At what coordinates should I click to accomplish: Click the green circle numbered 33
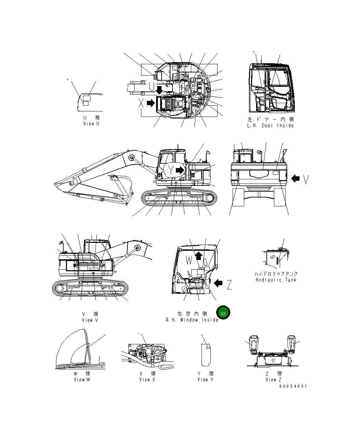pos(223,313)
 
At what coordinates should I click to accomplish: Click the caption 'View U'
pos(91,124)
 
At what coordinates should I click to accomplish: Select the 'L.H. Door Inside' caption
pos(270,125)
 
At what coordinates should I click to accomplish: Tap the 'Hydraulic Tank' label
pos(276,280)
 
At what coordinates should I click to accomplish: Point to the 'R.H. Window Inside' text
pos(192,320)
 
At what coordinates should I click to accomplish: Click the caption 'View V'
pos(90,320)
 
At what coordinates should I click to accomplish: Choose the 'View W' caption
pos(82,379)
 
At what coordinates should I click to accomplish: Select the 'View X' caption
pos(147,379)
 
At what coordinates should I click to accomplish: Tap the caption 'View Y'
pos(205,379)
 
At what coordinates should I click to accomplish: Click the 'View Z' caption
pos(274,379)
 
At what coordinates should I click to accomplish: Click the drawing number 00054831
pos(293,386)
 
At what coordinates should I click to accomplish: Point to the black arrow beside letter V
pos(295,178)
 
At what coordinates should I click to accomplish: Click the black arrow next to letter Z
pos(218,283)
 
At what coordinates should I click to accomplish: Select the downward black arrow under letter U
pos(159,90)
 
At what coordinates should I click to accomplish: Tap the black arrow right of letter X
pos(151,103)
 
